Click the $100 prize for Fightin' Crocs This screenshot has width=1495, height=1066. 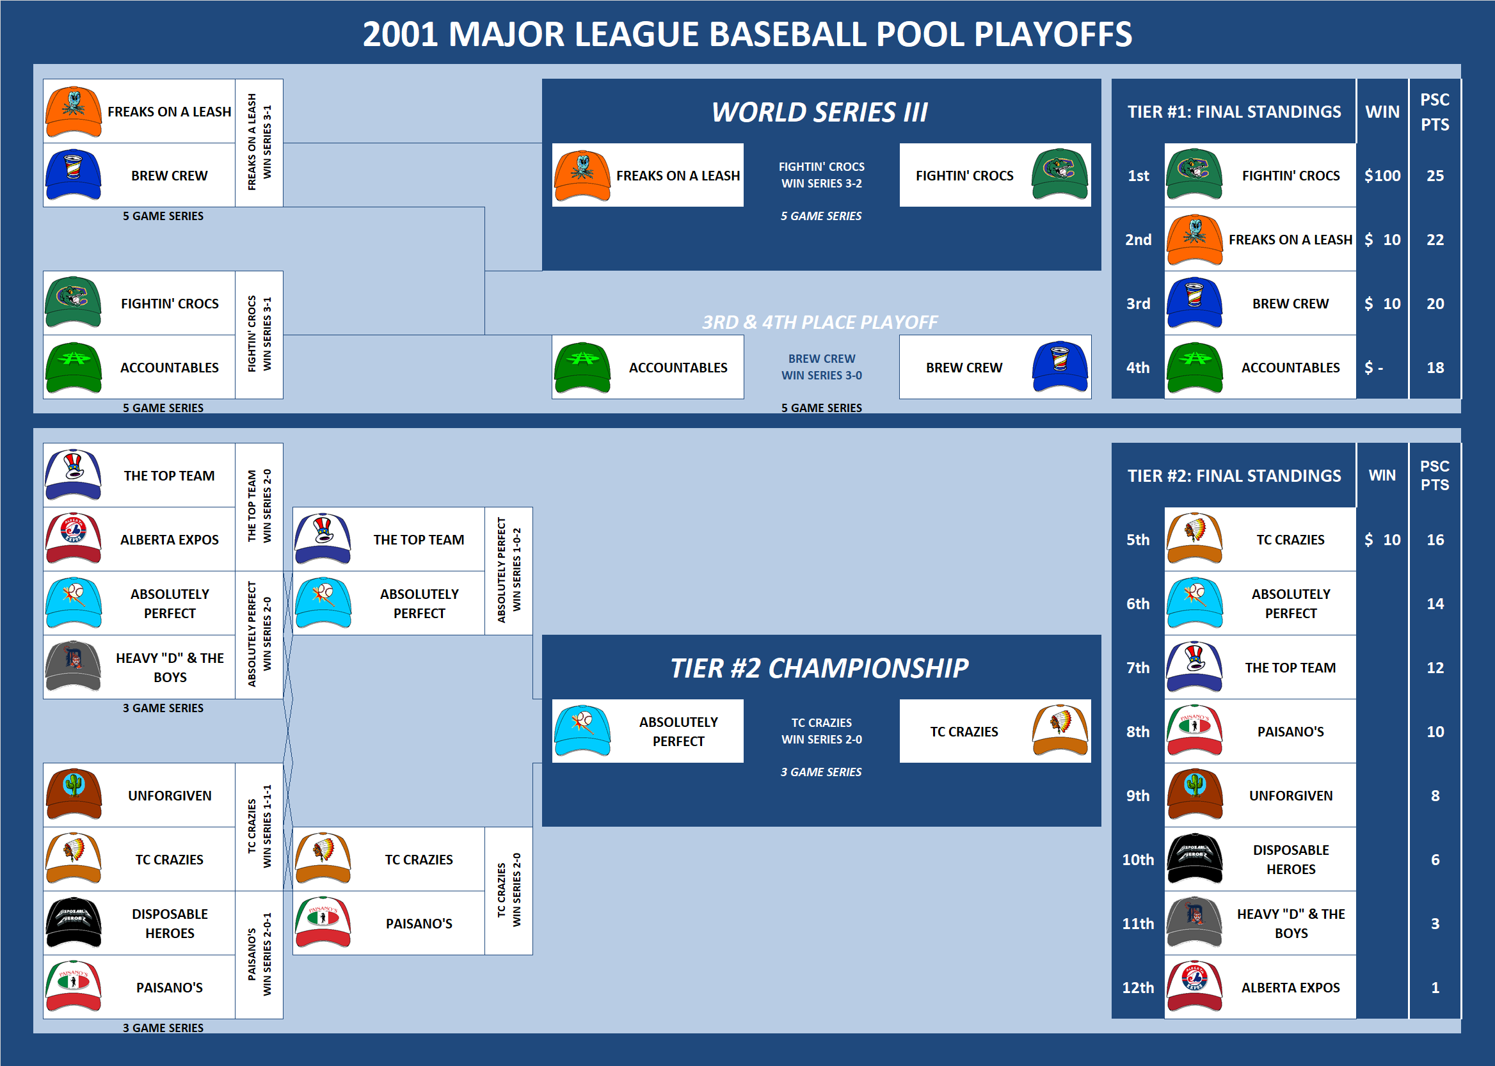pos(1382,175)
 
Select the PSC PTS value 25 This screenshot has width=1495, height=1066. pos(1435,175)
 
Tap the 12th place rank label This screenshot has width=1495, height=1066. pos(1137,987)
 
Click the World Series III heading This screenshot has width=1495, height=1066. pos(819,112)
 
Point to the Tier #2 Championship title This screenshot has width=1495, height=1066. pos(819,668)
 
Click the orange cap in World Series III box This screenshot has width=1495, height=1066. pos(582,175)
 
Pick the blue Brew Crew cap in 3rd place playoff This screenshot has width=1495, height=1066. pos(1060,366)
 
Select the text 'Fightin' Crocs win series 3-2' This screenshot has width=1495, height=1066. pos(821,175)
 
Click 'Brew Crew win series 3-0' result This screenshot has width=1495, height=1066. pos(821,367)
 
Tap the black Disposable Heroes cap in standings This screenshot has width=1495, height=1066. pos(1194,859)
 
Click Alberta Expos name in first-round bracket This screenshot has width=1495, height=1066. pos(170,539)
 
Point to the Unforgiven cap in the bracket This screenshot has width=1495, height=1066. pos(74,794)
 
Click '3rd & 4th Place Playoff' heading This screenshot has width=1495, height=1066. pos(819,322)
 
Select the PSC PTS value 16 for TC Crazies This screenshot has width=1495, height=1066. pos(1435,539)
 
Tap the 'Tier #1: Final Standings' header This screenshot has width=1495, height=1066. pos(1234,112)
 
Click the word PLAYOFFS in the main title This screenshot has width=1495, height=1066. pos(1053,34)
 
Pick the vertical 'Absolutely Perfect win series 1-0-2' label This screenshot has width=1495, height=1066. pos(508,569)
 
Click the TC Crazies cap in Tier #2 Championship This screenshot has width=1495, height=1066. pos(1060,731)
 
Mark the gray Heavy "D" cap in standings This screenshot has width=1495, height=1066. pos(1194,922)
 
